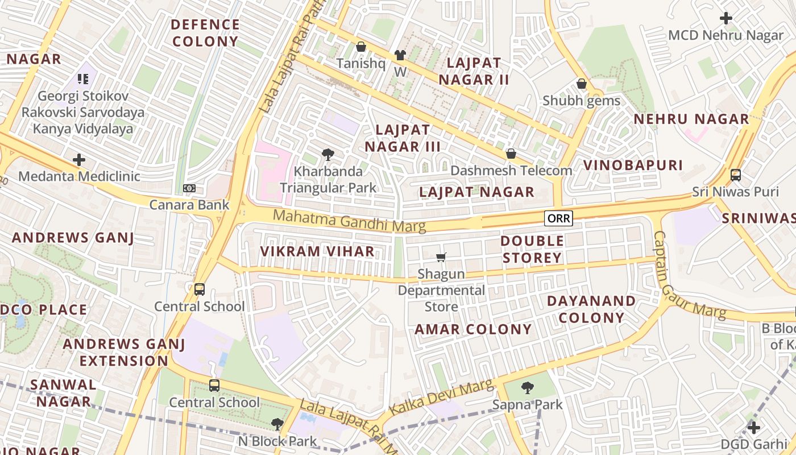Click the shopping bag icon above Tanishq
tap(360, 47)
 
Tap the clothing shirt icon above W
tap(400, 55)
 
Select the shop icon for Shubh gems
tap(581, 84)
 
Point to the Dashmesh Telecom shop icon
tap(511, 154)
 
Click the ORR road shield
tap(558, 218)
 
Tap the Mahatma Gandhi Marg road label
tap(349, 221)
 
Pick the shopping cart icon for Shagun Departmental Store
tap(441, 258)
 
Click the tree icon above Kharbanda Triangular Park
tap(327, 154)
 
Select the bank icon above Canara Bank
tap(189, 188)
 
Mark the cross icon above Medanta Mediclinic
tap(79, 160)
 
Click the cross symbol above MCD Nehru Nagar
tap(725, 18)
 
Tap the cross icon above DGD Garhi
tap(753, 427)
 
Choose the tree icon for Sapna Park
tap(527, 388)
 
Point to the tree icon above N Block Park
tap(277, 424)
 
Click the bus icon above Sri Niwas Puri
tap(735, 175)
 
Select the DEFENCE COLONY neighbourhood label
tap(205, 33)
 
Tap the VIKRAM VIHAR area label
tap(317, 251)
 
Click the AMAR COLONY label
tap(473, 329)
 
